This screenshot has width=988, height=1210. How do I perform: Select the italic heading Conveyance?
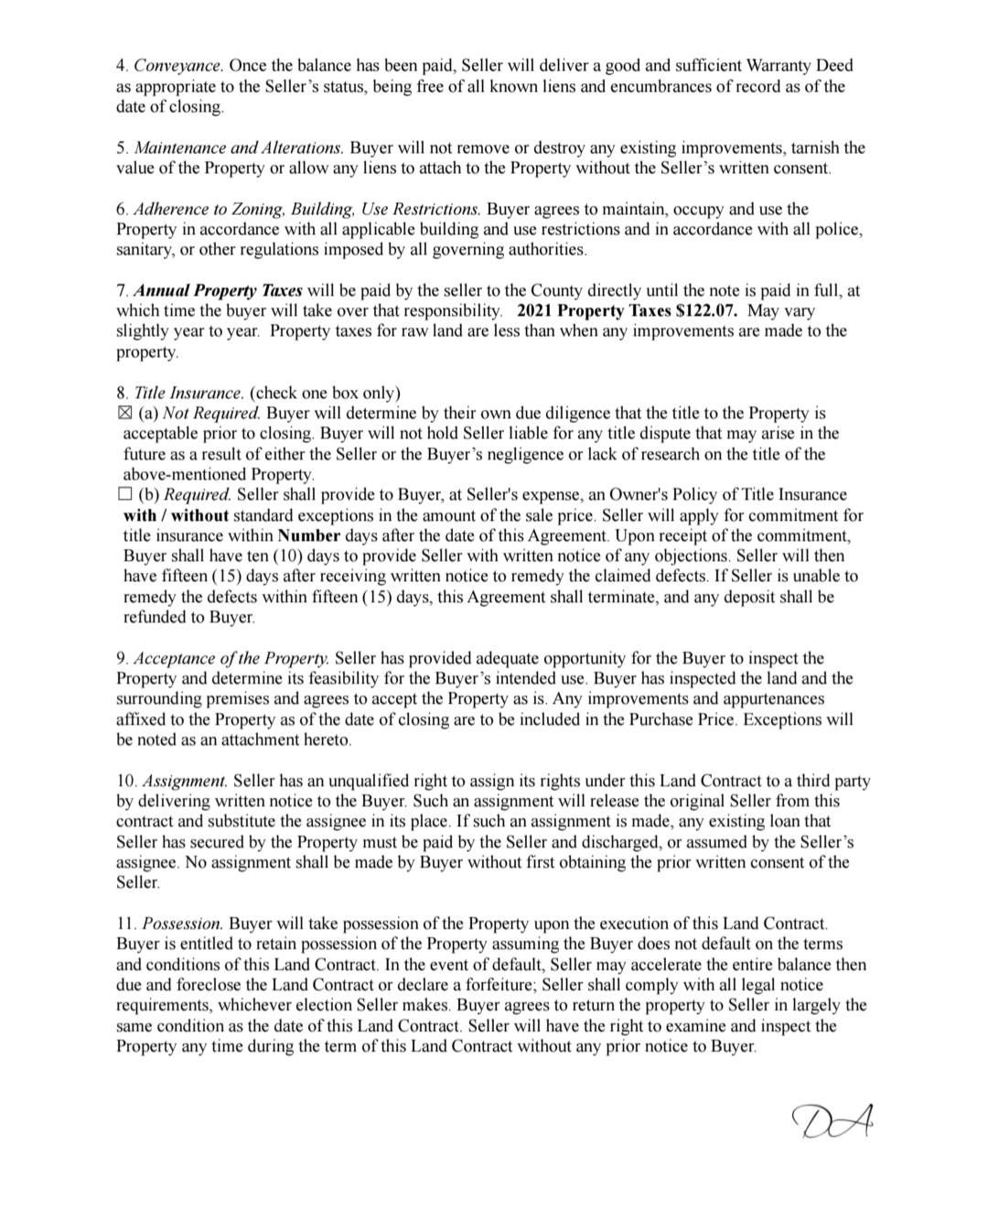point(178,66)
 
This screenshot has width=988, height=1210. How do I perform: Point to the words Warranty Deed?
point(800,66)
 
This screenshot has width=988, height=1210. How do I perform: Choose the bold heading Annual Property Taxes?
point(219,291)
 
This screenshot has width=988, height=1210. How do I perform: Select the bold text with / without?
point(176,515)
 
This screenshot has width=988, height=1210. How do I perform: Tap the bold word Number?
point(309,535)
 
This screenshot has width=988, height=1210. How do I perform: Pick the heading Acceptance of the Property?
point(231,659)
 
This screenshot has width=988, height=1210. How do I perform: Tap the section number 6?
point(121,210)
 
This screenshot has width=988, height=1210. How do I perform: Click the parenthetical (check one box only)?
point(325,394)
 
